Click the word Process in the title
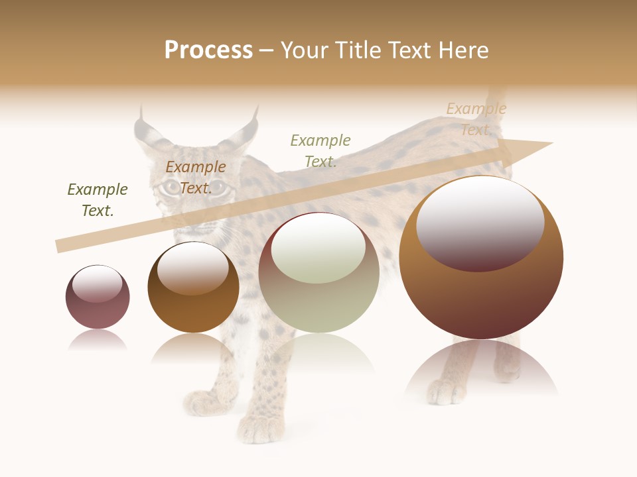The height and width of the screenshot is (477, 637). (208, 50)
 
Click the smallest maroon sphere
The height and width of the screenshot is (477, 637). (98, 297)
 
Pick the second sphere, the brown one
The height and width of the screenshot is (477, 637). (193, 288)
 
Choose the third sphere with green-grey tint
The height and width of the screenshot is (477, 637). (318, 273)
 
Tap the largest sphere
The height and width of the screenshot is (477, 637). (481, 258)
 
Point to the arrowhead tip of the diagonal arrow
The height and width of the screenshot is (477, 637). (551, 144)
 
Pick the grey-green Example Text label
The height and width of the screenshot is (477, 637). (320, 150)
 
